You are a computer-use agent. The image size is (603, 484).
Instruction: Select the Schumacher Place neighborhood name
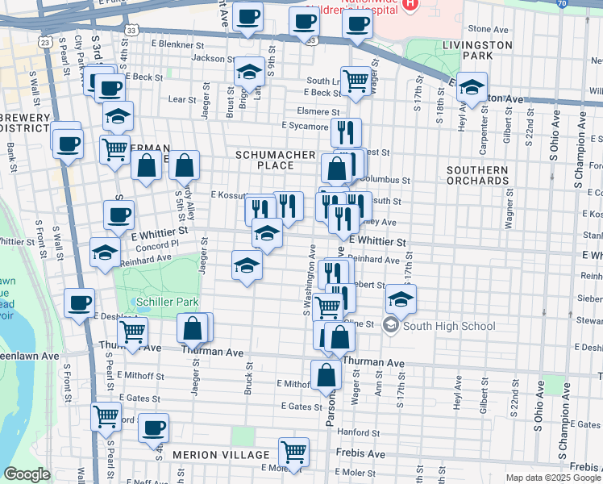[x=264, y=159]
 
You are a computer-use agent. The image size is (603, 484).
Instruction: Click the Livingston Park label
[x=478, y=50]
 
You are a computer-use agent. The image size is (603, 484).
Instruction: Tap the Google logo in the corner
[x=27, y=474]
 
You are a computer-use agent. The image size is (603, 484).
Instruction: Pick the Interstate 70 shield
[x=584, y=4]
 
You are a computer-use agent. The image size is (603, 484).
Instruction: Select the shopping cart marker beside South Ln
[x=356, y=81]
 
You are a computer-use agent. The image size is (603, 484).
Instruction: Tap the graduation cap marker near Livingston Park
[x=473, y=88]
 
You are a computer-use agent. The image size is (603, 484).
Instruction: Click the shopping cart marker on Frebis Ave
[x=293, y=452]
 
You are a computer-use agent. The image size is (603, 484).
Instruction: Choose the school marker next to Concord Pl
[x=105, y=252]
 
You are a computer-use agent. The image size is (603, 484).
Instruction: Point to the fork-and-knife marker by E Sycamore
[x=346, y=131]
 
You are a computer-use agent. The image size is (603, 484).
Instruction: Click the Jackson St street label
[x=208, y=58]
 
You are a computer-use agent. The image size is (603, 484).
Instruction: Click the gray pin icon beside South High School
[x=391, y=326]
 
